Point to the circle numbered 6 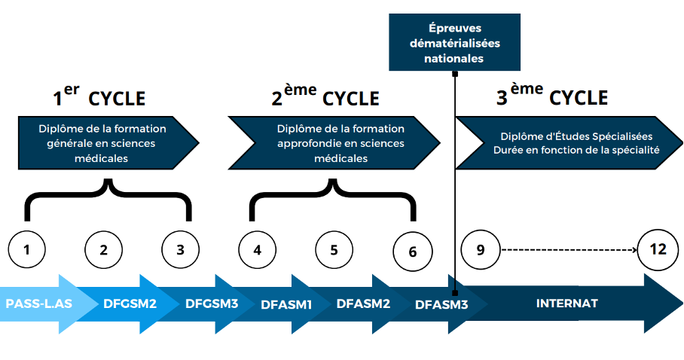pyautogui.click(x=412, y=251)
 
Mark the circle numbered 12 pyautogui.click(x=656, y=249)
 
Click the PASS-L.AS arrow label pyautogui.click(x=38, y=304)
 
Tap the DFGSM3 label pyautogui.click(x=212, y=304)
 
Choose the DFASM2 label pyautogui.click(x=363, y=304)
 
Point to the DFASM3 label pyautogui.click(x=441, y=305)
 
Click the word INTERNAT pyautogui.click(x=567, y=304)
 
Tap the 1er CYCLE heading pyautogui.click(x=99, y=96)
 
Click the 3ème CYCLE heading pyautogui.click(x=551, y=96)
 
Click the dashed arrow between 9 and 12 pyautogui.click(x=569, y=249)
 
